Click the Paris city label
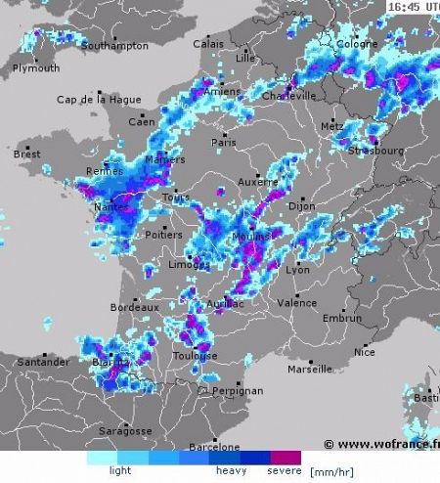[224, 142]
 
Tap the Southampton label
[115, 46]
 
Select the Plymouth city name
[36, 68]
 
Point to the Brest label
[26, 154]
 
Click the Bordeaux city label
[134, 307]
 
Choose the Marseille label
[310, 370]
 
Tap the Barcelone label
[214, 447]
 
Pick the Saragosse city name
[124, 430]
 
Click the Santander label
[42, 362]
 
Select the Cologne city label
[357, 44]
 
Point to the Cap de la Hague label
[93, 100]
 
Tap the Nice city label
[365, 352]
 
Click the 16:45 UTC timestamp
[412, 7]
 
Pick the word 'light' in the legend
[120, 470]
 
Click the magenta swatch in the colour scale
[286, 457]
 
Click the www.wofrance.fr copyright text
[381, 444]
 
